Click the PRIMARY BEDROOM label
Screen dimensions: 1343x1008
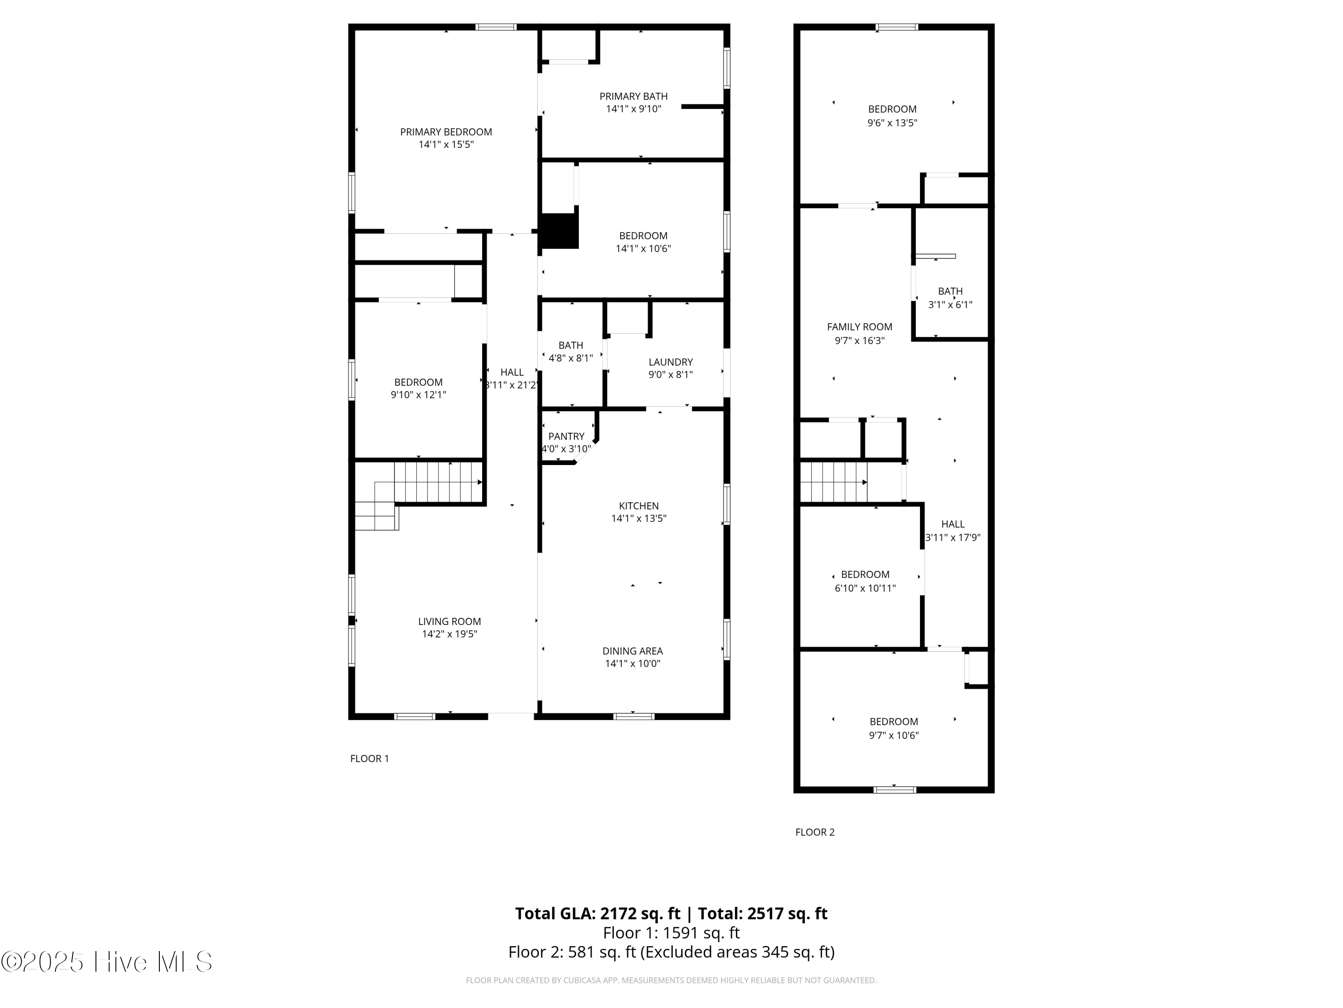[x=445, y=132]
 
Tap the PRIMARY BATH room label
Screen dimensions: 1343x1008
[x=633, y=96]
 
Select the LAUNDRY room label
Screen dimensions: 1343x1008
[x=670, y=362]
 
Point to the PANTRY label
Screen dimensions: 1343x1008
[x=566, y=436]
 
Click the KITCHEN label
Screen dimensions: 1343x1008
[x=639, y=505]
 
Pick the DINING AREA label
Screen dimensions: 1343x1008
[x=633, y=651]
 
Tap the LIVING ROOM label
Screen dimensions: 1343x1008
[x=449, y=621]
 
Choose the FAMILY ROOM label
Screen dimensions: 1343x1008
[x=860, y=327]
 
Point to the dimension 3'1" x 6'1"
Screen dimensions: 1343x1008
[x=950, y=304]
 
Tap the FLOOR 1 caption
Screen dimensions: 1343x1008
[x=369, y=758]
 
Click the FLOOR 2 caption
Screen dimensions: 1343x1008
[x=815, y=832]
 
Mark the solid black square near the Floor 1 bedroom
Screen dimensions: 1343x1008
[x=559, y=231]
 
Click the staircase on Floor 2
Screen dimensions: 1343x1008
[x=834, y=482]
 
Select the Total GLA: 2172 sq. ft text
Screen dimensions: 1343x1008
[x=598, y=913]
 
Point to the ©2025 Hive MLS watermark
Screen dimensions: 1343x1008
[x=106, y=962]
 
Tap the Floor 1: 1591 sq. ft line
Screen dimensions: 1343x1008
[x=671, y=933]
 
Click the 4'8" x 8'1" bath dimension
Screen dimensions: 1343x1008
[x=571, y=358]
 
